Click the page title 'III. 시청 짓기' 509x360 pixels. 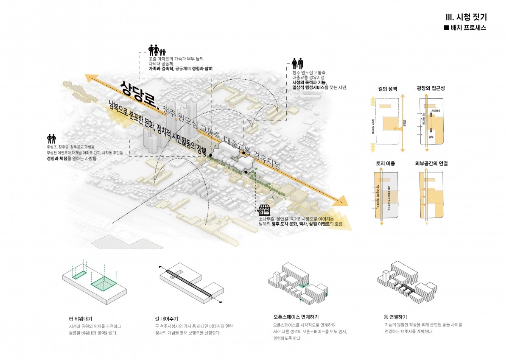click(466, 17)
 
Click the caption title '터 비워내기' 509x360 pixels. click(80, 318)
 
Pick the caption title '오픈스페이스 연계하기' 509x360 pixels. click(296, 317)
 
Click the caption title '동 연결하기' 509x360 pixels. click(395, 317)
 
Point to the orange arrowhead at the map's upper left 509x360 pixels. click(89, 78)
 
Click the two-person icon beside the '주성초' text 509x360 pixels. click(51, 139)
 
